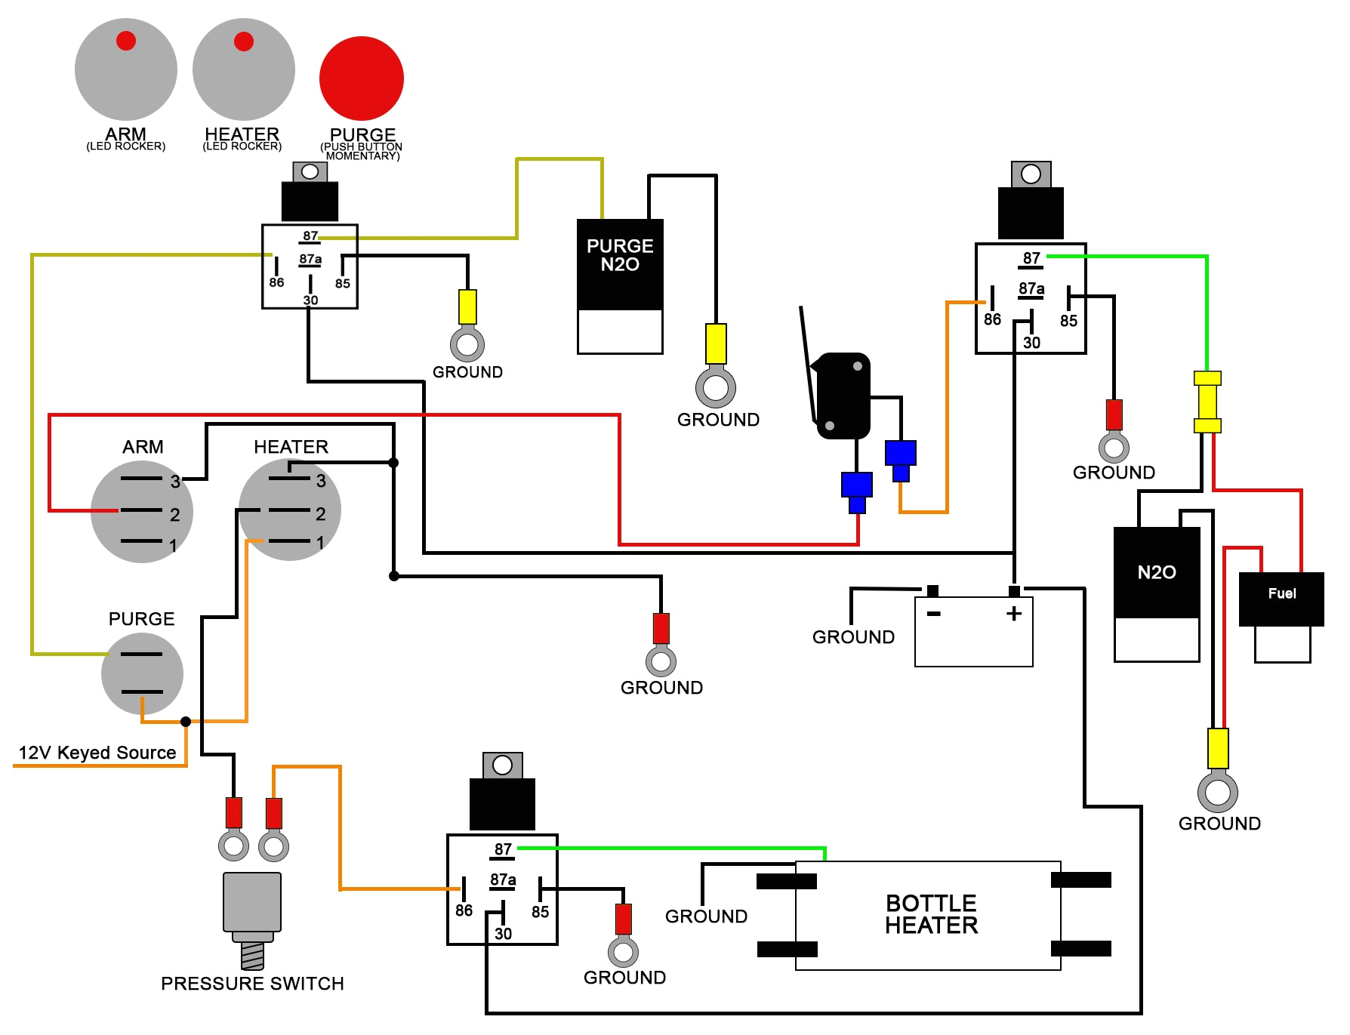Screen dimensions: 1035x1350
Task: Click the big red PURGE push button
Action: coord(362,79)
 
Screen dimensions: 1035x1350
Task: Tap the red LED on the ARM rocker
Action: coord(126,41)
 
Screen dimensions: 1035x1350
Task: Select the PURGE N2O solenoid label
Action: coord(620,255)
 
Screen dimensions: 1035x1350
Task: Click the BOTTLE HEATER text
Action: coord(931,914)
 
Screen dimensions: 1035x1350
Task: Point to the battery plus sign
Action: coord(1014,613)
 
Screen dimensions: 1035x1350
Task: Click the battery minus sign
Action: coord(934,614)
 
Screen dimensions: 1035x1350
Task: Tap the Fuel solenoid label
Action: coord(1282,593)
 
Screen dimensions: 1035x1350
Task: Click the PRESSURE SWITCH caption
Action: coord(252,984)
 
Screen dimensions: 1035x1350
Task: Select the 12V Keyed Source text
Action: coord(97,753)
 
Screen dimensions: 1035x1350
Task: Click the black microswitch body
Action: coord(843,396)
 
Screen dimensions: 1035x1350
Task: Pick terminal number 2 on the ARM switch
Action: coord(174,515)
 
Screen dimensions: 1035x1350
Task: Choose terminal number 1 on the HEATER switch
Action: coord(320,543)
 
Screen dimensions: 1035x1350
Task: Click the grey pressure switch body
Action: coord(252,902)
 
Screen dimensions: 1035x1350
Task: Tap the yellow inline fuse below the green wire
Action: coord(1207,402)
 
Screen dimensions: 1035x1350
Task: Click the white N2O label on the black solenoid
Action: coord(1157,572)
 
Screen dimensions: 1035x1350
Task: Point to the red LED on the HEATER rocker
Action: coord(244,41)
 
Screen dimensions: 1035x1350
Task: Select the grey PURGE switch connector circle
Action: coord(142,673)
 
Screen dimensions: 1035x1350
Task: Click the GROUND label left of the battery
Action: coord(853,637)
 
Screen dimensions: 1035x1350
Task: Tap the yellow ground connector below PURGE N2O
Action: coord(716,344)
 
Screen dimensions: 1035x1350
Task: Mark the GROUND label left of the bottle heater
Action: coord(706,916)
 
